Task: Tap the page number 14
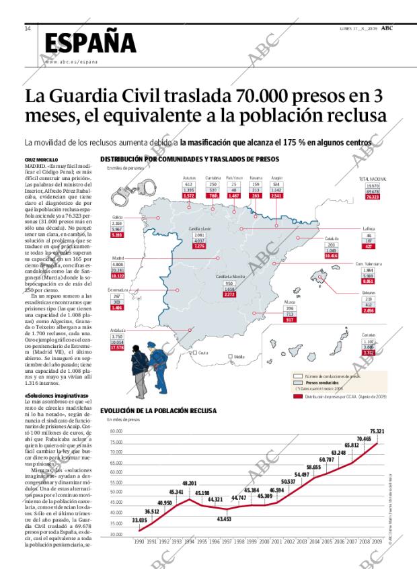[x=28, y=28]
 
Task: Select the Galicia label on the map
[x=117, y=218]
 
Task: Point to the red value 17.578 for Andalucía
[x=117, y=347]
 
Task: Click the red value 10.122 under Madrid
[x=118, y=275]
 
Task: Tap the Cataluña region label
[x=331, y=238]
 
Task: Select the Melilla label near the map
[x=239, y=356]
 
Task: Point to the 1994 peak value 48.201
[x=189, y=483]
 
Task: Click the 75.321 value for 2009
[x=377, y=431]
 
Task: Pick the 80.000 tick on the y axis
[x=116, y=432]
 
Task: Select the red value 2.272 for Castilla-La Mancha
[x=229, y=294]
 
